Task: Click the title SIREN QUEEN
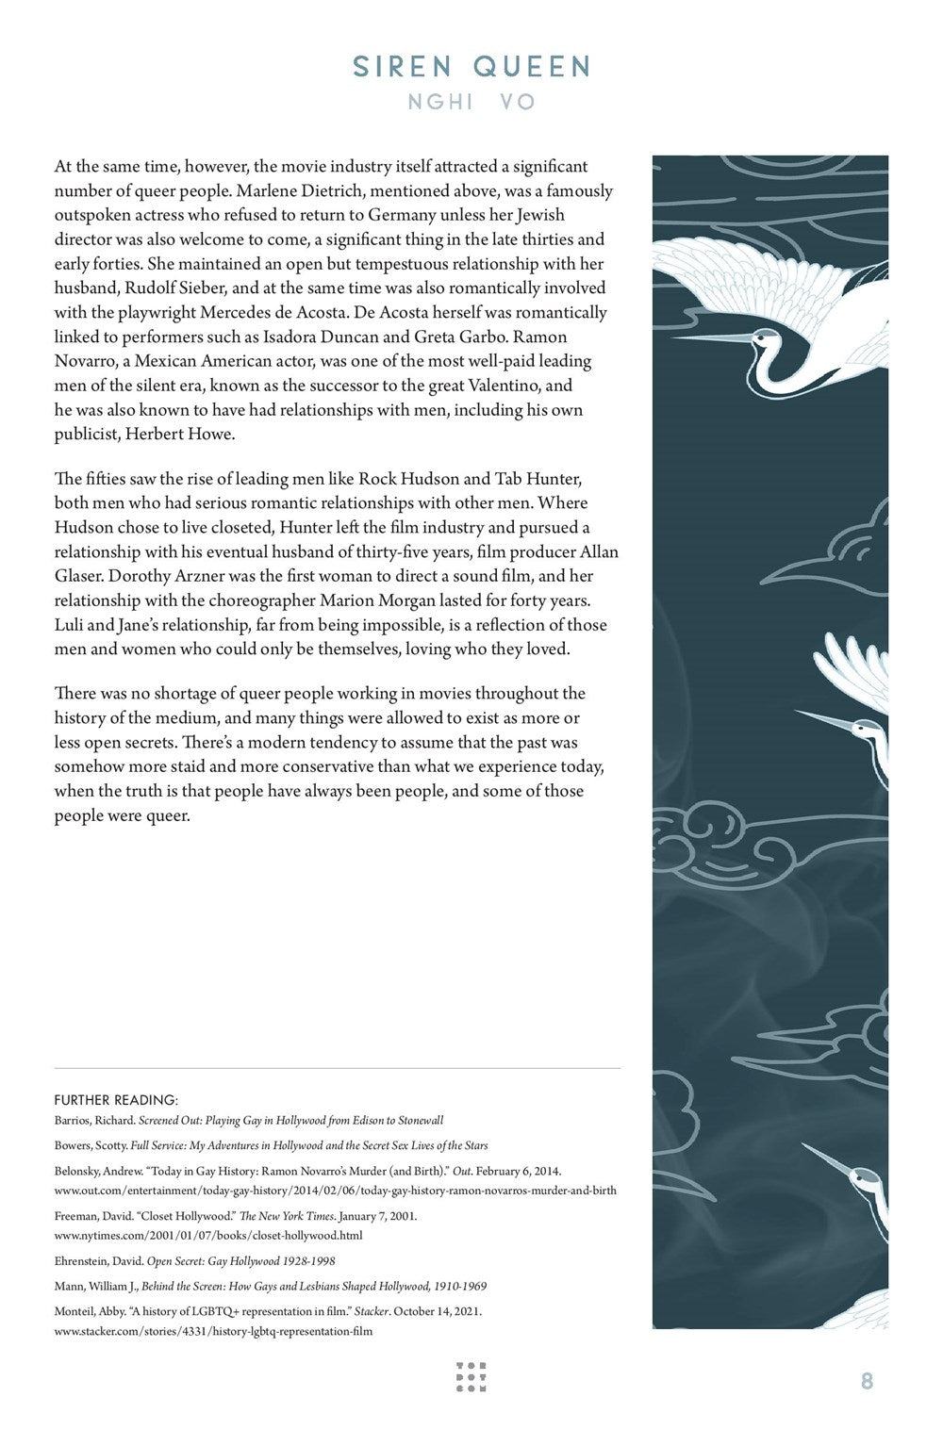pyautogui.click(x=471, y=67)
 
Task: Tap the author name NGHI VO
pyautogui.click(x=471, y=102)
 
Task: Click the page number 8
pyautogui.click(x=867, y=1381)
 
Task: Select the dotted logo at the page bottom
pyautogui.click(x=471, y=1376)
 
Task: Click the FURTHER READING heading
pyautogui.click(x=116, y=1100)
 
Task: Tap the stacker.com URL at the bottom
pyautogui.click(x=213, y=1331)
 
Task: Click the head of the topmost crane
pyautogui.click(x=766, y=343)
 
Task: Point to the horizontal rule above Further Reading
pyautogui.click(x=338, y=1068)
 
